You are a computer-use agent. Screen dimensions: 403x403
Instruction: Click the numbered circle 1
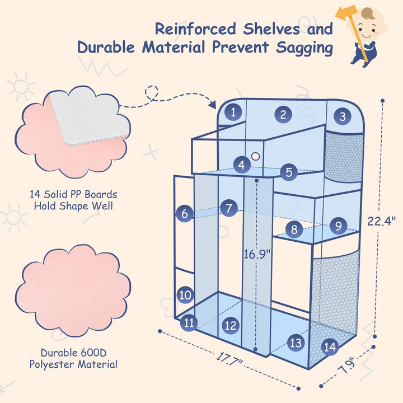[x=233, y=112]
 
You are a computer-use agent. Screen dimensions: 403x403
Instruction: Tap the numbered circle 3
[x=342, y=117]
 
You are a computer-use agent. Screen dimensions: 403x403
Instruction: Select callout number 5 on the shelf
[x=288, y=172]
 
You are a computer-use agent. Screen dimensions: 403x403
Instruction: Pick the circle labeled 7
[x=228, y=208]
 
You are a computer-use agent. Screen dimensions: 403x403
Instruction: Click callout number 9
[x=338, y=226]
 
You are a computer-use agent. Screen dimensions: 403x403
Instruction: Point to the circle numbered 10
[x=186, y=294]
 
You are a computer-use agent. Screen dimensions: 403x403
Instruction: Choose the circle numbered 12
[x=230, y=325]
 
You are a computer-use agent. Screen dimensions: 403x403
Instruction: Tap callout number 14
[x=330, y=347]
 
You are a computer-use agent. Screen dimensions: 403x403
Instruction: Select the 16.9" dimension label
[x=257, y=254]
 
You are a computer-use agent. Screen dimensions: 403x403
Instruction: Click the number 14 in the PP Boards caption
[x=37, y=195]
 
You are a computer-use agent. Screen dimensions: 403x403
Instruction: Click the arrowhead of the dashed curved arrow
[x=214, y=105]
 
